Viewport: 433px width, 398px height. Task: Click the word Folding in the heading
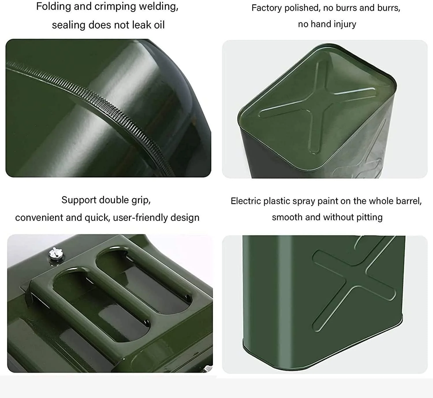(x=53, y=6)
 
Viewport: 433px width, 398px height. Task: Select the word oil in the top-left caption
(x=159, y=25)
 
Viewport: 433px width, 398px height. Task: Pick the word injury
(x=344, y=24)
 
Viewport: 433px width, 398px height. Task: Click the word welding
(x=158, y=7)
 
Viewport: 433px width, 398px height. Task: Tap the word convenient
(x=39, y=218)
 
